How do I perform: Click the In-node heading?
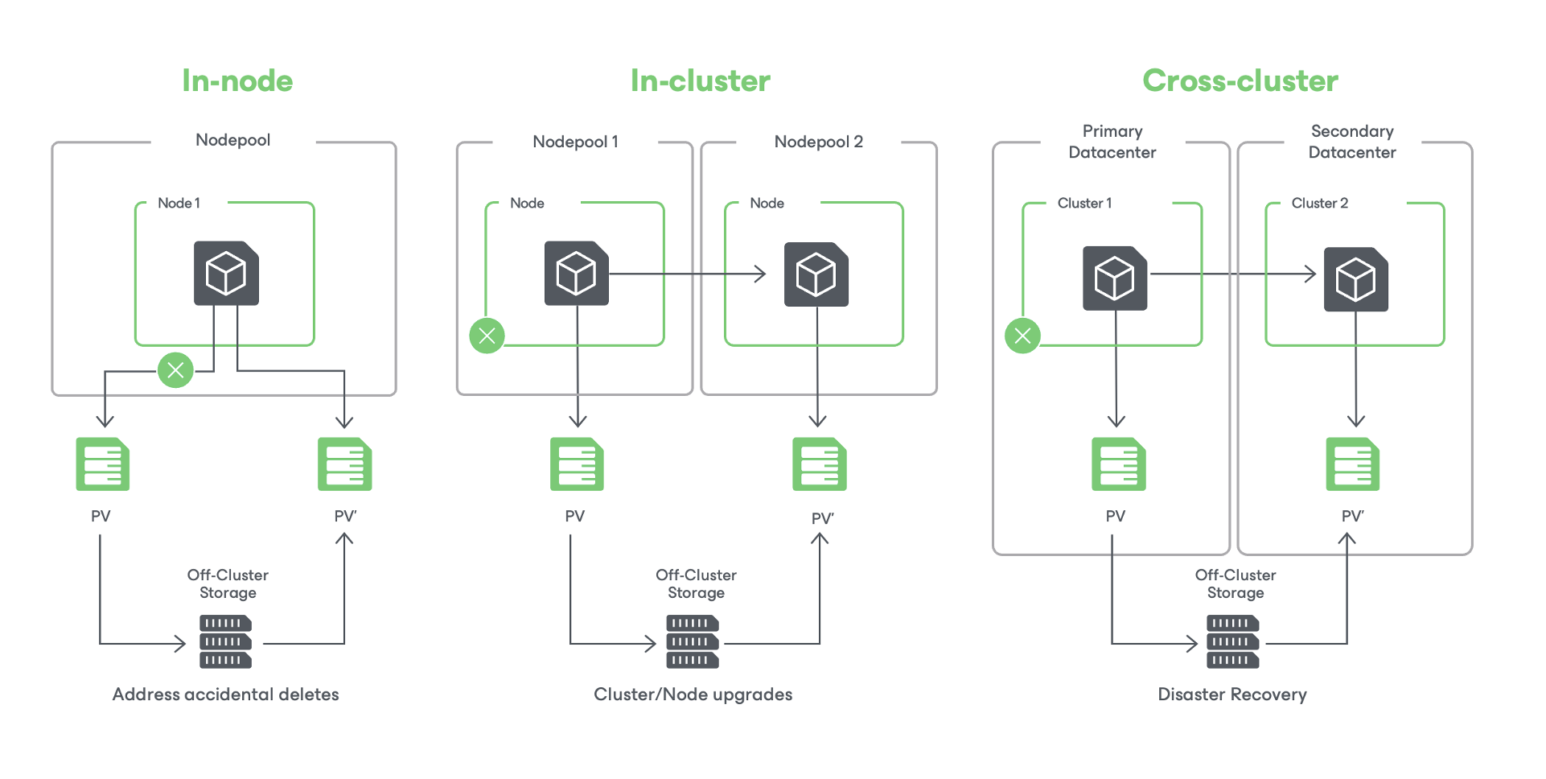tap(237, 80)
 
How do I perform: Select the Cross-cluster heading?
tap(1240, 80)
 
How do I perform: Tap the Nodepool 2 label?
tap(818, 142)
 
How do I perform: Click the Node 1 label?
tap(179, 203)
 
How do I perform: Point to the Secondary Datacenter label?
tap(1351, 142)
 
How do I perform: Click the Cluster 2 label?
tap(1319, 203)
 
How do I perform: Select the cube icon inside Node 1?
tap(226, 274)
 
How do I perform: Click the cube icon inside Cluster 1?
tap(1115, 278)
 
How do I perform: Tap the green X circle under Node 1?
tap(175, 370)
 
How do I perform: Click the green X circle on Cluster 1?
tap(1022, 336)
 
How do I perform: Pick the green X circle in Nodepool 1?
tap(487, 336)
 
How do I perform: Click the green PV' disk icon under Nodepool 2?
tap(819, 464)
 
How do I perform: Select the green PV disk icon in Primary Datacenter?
tap(1118, 464)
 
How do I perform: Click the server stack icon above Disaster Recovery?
tap(1232, 641)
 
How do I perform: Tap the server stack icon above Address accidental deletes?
tap(225, 641)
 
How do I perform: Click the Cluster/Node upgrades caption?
tap(693, 695)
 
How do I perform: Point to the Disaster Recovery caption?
tap(1231, 695)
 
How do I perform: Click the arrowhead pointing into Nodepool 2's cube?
tap(759, 274)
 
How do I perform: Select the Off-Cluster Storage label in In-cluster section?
tap(696, 583)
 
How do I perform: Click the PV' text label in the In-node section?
tap(345, 516)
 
